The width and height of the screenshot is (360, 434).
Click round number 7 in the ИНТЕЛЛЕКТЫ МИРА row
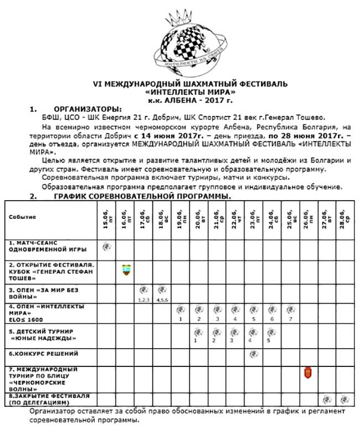290,319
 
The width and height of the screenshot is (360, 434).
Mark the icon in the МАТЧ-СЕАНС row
107,246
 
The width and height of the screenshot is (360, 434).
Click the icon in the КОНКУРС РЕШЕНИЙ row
253,353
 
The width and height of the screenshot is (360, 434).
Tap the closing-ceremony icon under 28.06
344,399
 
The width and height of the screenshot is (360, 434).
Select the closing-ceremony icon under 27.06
326,399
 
